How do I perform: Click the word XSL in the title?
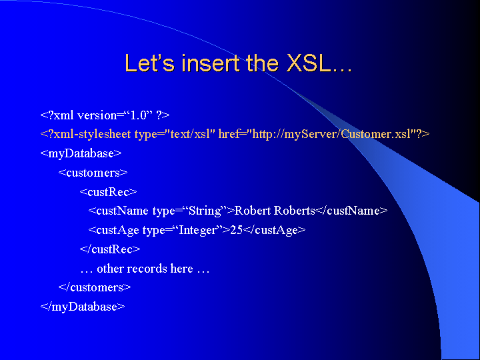pos(310,63)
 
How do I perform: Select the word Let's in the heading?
pos(150,63)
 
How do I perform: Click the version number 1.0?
pos(139,115)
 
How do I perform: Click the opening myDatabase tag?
pos(81,154)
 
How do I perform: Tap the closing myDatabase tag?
pos(83,307)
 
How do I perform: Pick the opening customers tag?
pos(93,173)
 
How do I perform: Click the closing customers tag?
pos(95,287)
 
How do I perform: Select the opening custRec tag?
pos(109,192)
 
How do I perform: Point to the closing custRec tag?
pos(110,249)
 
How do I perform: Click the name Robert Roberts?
pos(275,211)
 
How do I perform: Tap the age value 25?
pos(236,230)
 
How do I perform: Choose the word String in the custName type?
pos(205,211)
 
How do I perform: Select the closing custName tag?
pos(351,211)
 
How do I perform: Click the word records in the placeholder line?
pos(147,269)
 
